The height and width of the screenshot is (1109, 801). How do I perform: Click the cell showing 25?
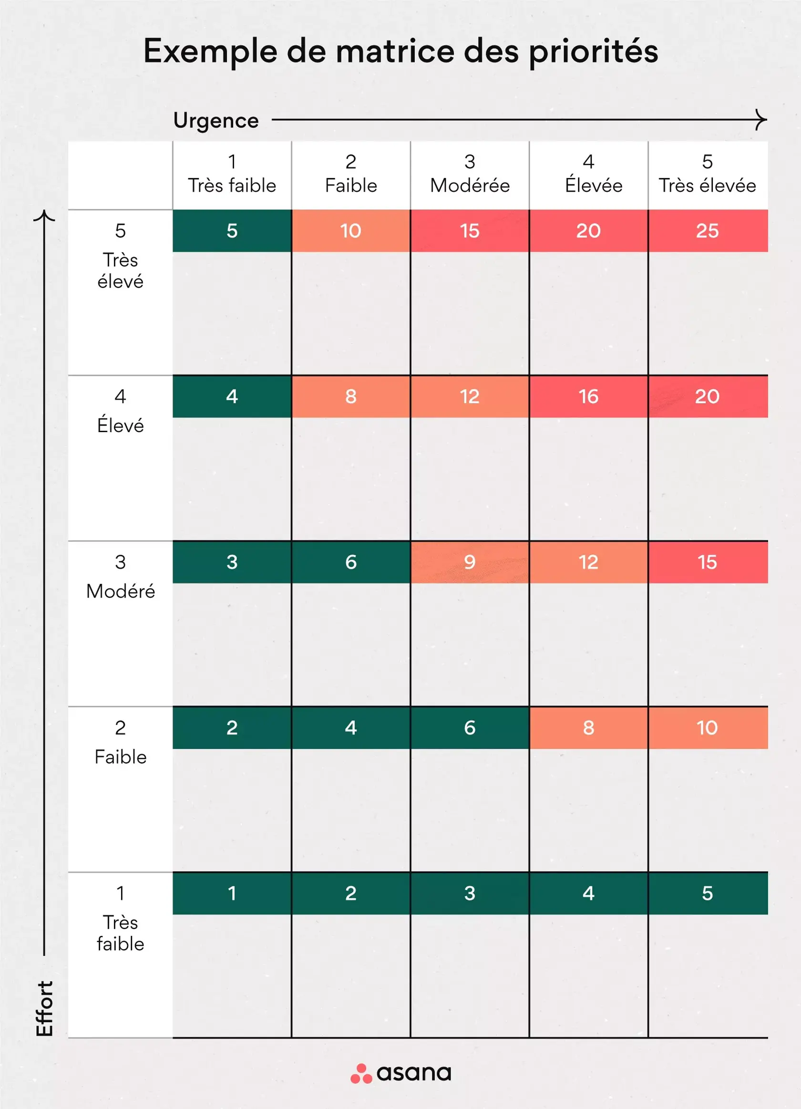coord(707,231)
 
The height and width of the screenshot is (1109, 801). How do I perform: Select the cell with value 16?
coord(588,396)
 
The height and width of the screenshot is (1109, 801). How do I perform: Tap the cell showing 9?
coord(469,562)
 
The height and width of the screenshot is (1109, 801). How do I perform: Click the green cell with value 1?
coord(232,893)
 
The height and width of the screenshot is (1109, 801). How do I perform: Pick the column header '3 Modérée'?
coord(469,174)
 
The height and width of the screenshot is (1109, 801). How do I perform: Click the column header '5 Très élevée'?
coord(707,174)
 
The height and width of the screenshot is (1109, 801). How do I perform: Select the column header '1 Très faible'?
coord(232,174)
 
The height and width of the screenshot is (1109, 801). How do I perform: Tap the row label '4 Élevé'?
coord(120,411)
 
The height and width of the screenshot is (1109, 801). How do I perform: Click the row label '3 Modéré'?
coord(120,577)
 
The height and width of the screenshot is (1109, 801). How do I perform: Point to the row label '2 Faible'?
coord(120,742)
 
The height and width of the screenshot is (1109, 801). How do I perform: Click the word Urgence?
coord(216,120)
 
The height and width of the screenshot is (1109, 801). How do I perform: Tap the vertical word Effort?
coord(44,1008)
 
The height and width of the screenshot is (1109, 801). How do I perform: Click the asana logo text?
coord(413,1073)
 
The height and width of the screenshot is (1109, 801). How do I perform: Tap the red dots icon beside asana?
coord(361,1074)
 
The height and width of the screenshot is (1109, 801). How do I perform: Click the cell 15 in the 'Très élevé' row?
coord(469,231)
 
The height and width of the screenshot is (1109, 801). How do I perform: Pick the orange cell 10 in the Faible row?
coord(707,727)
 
